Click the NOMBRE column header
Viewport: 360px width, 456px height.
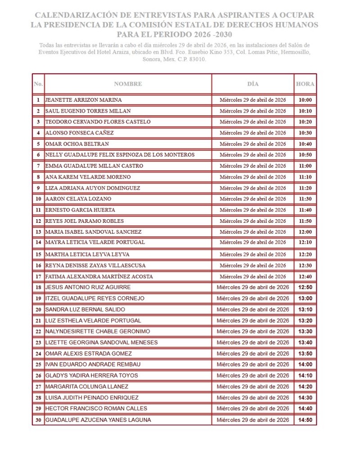[x=128, y=84]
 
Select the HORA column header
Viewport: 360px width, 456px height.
[x=305, y=84]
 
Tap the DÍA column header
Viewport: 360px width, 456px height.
[x=253, y=84]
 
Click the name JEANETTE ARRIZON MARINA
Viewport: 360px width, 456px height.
[x=84, y=100]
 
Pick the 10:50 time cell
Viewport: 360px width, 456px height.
[x=305, y=155]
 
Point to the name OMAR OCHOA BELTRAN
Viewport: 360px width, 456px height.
[x=77, y=144]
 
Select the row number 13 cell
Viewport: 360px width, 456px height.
[x=38, y=232]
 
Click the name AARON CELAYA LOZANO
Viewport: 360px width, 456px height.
[x=78, y=199]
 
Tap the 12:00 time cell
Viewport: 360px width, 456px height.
[x=305, y=232]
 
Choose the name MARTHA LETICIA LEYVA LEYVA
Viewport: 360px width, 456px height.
[x=87, y=254]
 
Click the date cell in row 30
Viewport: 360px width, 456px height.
[x=253, y=420]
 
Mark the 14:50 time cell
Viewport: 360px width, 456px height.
[x=305, y=420]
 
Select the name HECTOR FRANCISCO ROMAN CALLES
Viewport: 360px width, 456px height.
[x=96, y=409]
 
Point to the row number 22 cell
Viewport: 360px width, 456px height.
[x=38, y=331]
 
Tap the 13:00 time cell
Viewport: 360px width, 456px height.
[x=305, y=298]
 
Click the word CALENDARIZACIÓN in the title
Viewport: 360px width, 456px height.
[x=75, y=15]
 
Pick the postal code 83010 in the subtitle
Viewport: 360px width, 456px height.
[x=197, y=59]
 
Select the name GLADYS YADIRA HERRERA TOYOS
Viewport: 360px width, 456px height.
[x=92, y=375]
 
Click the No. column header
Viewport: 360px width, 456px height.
[x=38, y=84]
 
